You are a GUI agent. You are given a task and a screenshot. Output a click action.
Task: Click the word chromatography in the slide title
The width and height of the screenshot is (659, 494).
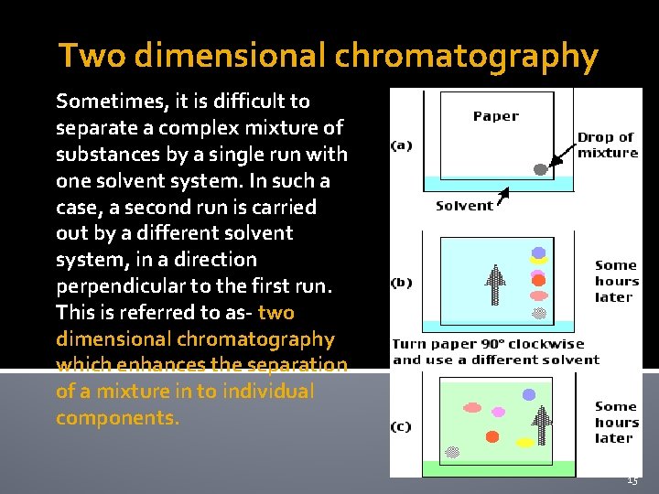click(466, 57)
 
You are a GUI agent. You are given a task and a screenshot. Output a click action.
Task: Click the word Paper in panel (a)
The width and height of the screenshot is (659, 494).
click(495, 116)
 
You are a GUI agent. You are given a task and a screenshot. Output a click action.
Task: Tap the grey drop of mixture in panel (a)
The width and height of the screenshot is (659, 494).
click(541, 169)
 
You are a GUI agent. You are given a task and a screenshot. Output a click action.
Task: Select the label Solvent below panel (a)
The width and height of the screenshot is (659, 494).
click(464, 206)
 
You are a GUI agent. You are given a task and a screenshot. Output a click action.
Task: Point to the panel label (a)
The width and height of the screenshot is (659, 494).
click(401, 145)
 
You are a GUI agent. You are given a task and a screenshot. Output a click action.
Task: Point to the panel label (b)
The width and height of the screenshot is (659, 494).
click(401, 282)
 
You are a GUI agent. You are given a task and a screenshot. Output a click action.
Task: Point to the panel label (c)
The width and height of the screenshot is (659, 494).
click(401, 426)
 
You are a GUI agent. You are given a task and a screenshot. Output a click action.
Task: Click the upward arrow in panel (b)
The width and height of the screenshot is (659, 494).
click(495, 283)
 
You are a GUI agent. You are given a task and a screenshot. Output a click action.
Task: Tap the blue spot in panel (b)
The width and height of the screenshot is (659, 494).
click(539, 253)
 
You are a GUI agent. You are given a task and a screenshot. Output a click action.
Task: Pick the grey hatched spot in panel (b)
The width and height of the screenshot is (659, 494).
click(539, 313)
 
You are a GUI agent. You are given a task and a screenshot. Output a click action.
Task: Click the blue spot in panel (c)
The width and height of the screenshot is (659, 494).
click(529, 395)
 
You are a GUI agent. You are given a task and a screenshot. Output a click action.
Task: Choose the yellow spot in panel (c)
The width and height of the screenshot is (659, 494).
click(524, 443)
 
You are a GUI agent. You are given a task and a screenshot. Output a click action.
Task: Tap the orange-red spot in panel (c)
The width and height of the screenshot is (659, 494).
click(492, 436)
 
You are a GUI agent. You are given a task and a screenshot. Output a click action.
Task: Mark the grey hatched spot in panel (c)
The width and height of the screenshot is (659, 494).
click(452, 451)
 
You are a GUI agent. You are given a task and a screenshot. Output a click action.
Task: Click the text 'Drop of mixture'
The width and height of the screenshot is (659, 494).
click(607, 145)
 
